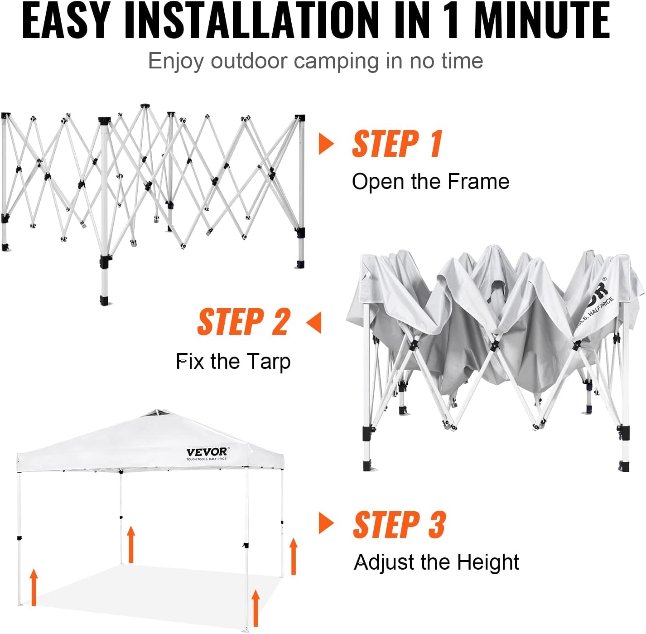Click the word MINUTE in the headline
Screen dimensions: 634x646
(542, 20)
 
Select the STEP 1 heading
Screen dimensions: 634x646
(397, 144)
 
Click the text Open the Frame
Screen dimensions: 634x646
(430, 182)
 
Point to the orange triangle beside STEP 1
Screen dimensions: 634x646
(326, 144)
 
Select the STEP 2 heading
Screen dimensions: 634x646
(244, 322)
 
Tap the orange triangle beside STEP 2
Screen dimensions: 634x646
(314, 322)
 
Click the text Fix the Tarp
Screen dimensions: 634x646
(233, 362)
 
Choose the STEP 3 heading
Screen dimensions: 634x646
(399, 525)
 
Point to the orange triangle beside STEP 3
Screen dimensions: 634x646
(326, 523)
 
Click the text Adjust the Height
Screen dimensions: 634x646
(436, 562)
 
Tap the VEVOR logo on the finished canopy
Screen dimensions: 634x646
(207, 452)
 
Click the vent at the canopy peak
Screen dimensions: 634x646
(156, 413)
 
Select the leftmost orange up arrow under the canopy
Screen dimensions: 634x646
(34, 587)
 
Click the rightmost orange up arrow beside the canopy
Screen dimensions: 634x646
(294, 556)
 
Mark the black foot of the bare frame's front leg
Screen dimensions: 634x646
(106, 301)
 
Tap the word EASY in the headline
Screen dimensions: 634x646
(66, 20)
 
